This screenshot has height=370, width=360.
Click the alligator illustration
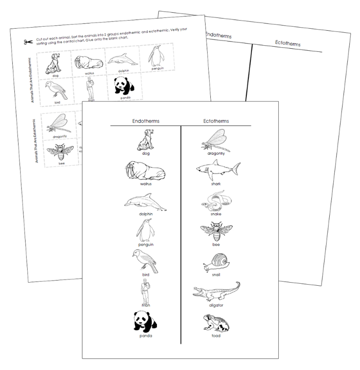(216, 292)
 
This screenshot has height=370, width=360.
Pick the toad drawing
(216, 323)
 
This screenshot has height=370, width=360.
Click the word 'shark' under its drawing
(215, 183)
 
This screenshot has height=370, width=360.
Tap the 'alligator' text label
(216, 305)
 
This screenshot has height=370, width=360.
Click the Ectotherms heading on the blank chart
(288, 44)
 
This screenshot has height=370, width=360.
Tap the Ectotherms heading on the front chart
(215, 121)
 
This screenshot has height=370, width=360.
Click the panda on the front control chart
(145, 322)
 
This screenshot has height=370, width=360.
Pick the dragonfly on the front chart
(216, 139)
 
